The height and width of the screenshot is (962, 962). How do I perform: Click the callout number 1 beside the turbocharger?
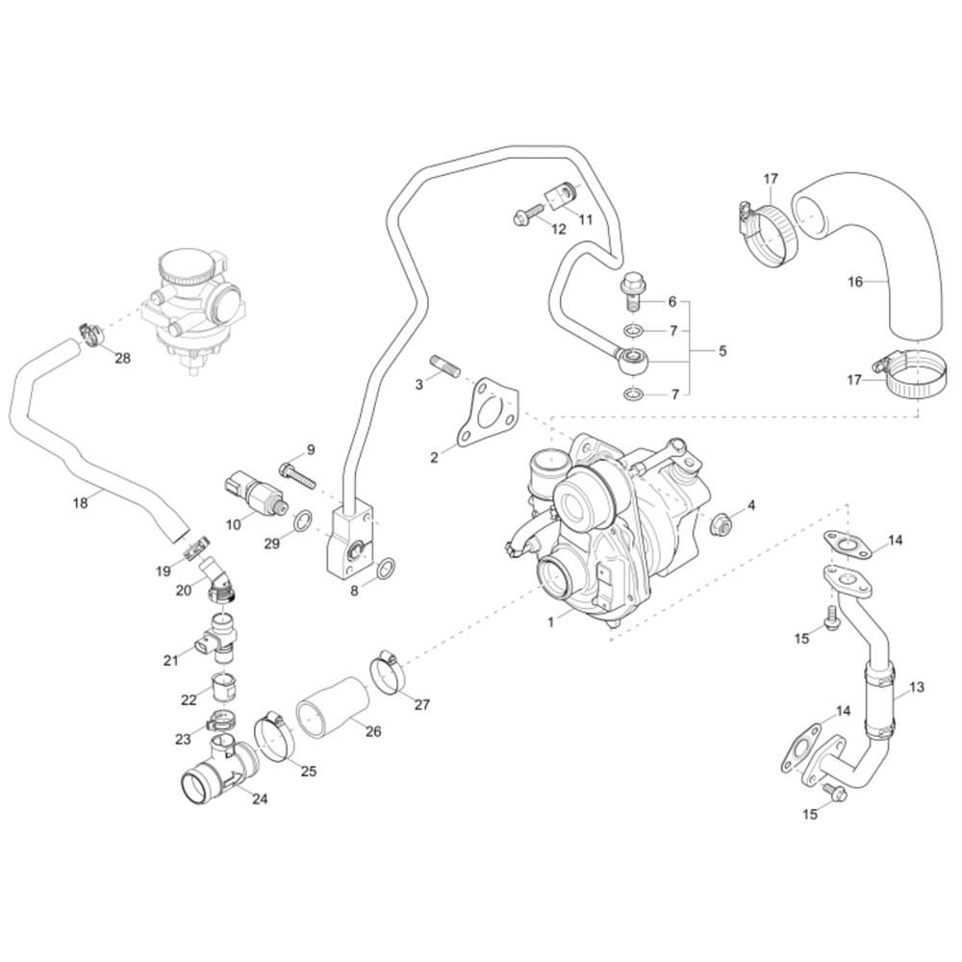tap(551, 622)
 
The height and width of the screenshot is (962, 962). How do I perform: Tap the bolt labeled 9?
tap(296, 474)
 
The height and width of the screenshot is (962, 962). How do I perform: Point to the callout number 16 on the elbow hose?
tap(854, 282)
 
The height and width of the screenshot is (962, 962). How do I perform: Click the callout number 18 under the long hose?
tap(81, 502)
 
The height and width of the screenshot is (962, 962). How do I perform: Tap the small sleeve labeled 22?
tap(223, 688)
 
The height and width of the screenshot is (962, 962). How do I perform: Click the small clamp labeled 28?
tap(92, 334)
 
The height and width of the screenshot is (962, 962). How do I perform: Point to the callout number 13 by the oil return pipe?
tap(917, 688)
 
